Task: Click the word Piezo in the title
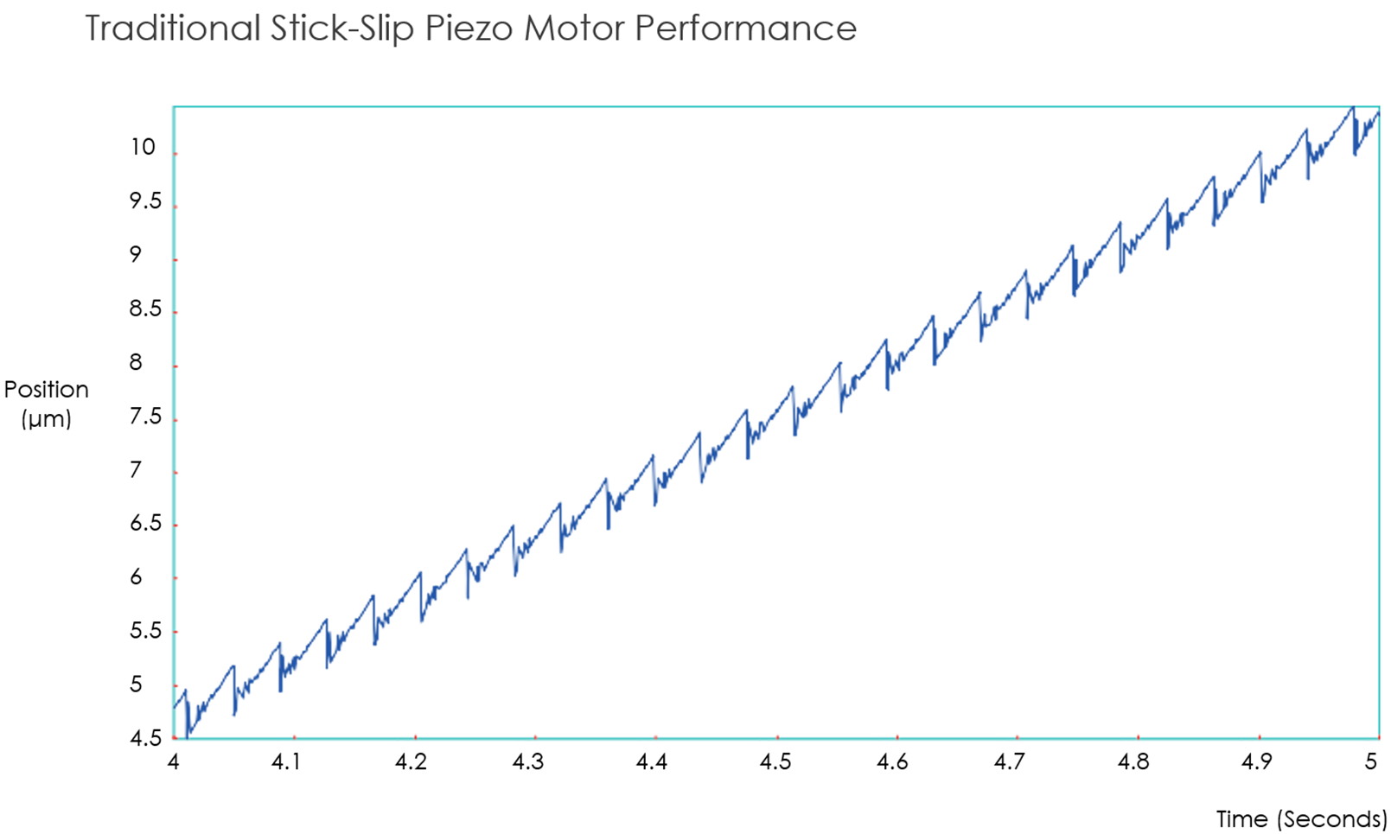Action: click(469, 29)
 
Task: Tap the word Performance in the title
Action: click(745, 29)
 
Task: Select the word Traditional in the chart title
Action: click(172, 29)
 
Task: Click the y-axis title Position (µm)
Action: click(47, 404)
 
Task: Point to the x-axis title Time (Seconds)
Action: click(1301, 818)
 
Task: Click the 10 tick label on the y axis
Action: click(143, 147)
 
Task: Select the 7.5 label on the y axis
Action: click(145, 417)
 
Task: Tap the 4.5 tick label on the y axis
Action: click(145, 737)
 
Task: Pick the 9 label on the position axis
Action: click(136, 254)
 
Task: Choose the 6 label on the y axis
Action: click(136, 576)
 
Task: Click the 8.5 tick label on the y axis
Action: click(145, 309)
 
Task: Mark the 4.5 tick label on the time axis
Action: click(775, 761)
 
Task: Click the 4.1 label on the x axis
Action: click(285, 761)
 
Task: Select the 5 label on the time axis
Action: click(1370, 761)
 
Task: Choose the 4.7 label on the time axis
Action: click(1008, 761)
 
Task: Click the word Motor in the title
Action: click(573, 29)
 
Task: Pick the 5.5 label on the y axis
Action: click(145, 630)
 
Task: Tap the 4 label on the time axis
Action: click(173, 761)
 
